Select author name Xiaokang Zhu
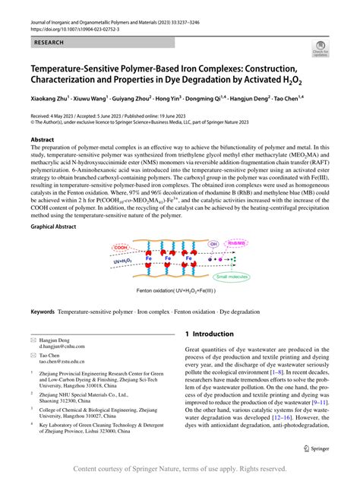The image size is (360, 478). (52, 99)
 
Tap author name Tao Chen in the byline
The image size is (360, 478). (306, 99)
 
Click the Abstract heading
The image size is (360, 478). (43, 141)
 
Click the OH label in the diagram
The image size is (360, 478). (233, 244)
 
